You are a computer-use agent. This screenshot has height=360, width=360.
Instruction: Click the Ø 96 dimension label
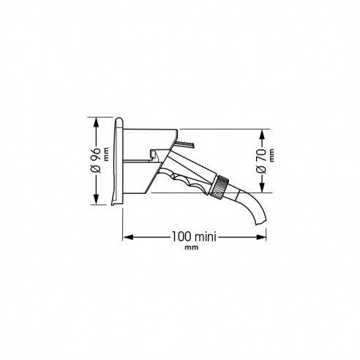click(96, 161)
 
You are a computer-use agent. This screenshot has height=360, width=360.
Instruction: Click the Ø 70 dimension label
click(261, 162)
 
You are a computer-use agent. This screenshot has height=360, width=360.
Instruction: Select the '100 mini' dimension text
click(194, 236)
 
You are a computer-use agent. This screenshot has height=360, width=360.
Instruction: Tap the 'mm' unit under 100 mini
click(192, 247)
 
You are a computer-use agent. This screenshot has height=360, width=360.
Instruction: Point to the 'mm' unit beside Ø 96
click(106, 154)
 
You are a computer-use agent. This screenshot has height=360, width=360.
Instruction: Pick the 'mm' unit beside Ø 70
click(271, 155)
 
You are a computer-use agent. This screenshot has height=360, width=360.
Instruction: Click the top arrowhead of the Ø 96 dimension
click(96, 122)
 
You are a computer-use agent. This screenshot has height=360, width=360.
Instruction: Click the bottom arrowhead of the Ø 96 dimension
click(96, 200)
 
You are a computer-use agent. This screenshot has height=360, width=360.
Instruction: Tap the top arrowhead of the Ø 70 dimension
click(262, 134)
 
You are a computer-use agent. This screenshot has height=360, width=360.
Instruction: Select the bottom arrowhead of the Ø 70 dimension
click(262, 187)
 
